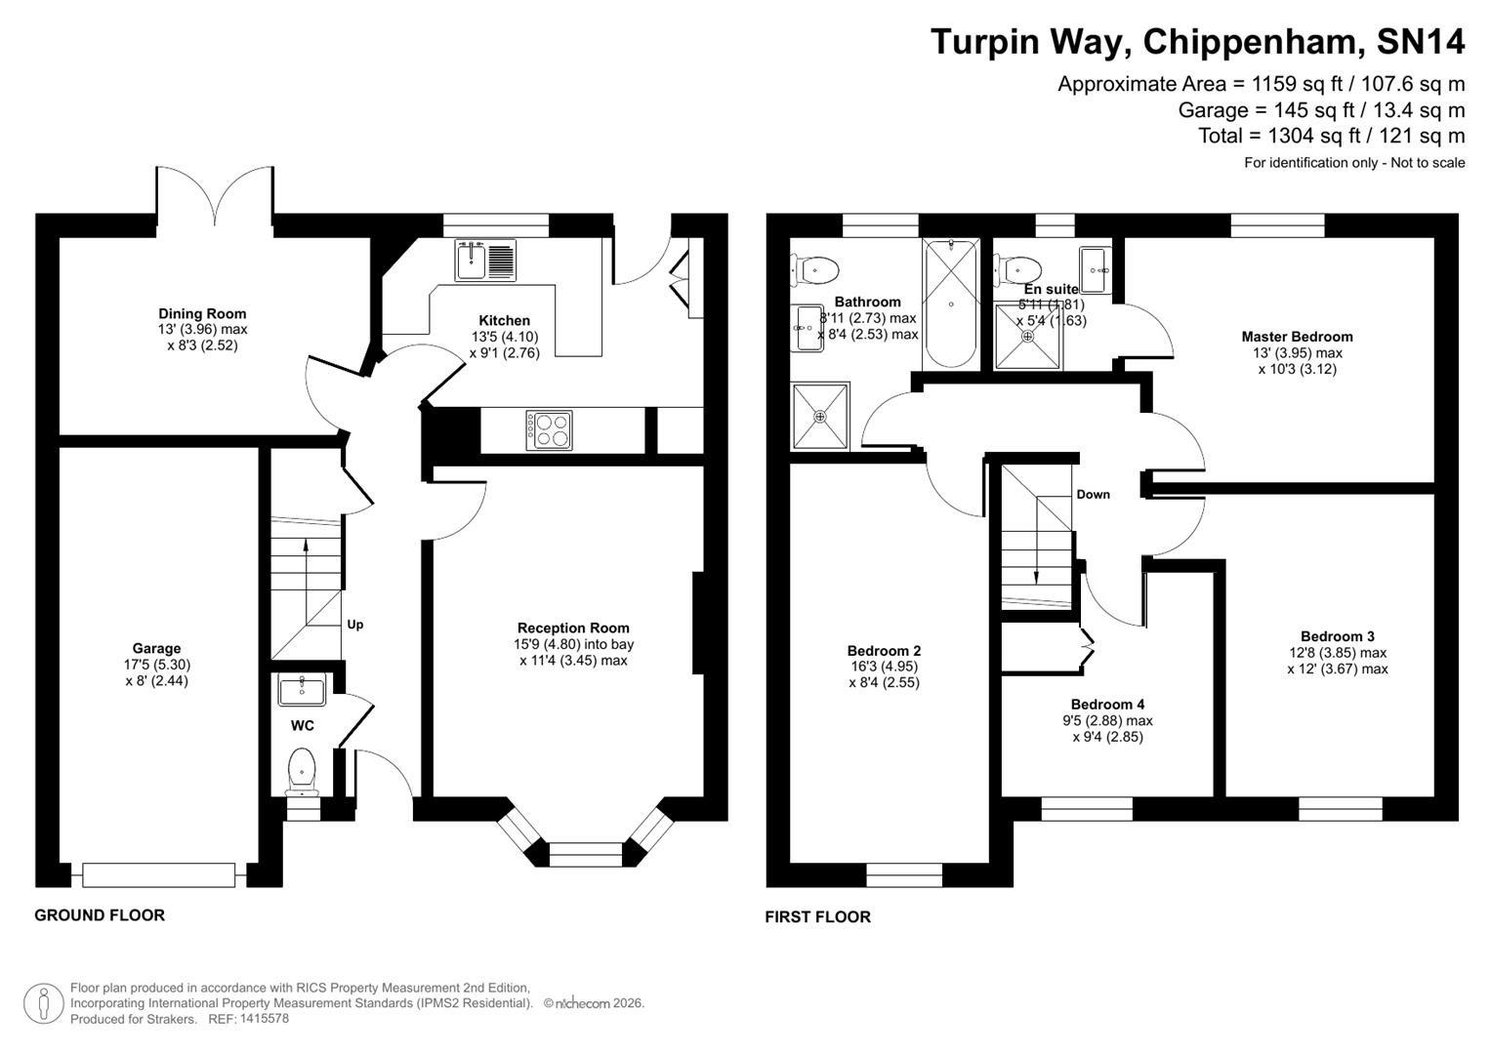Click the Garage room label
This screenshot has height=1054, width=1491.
tap(156, 648)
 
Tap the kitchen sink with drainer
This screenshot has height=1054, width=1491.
tap(484, 260)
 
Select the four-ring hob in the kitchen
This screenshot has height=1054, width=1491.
tap(549, 429)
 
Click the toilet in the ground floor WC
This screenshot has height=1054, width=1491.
tap(302, 770)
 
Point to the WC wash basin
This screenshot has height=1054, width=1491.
tap(302, 689)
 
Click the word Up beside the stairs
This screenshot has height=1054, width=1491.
tap(355, 625)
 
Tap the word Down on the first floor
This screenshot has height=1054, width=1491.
tap(1093, 495)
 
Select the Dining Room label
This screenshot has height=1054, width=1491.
tap(202, 313)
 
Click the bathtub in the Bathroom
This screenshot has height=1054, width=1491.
tap(949, 304)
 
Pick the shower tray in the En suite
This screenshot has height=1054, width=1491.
tap(1027, 337)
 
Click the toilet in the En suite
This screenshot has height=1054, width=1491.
tap(1016, 266)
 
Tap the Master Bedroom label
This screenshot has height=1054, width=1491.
tap(1297, 337)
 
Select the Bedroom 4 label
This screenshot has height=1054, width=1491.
tap(1107, 705)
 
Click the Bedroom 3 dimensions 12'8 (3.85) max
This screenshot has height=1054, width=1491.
tap(1337, 653)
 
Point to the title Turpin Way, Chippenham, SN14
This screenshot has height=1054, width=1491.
tap(1197, 42)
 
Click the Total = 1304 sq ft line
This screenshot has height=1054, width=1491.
tap(1331, 136)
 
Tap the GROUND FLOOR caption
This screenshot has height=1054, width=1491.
tap(100, 915)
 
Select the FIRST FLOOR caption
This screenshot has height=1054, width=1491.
tap(817, 917)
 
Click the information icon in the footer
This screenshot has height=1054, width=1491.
tap(43, 1004)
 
